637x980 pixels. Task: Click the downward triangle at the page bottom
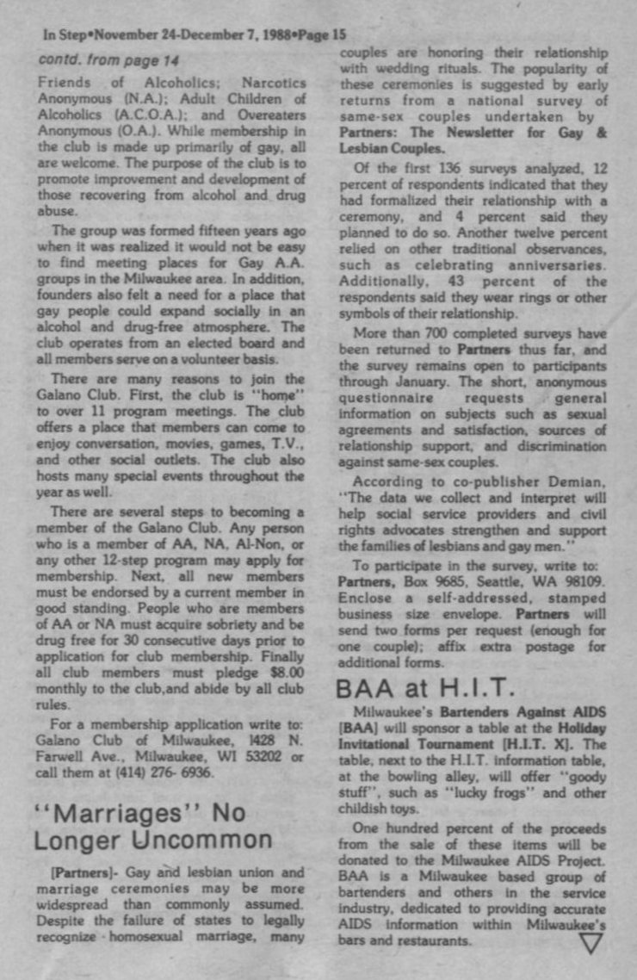coord(591,943)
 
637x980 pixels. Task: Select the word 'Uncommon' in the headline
coord(213,840)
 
